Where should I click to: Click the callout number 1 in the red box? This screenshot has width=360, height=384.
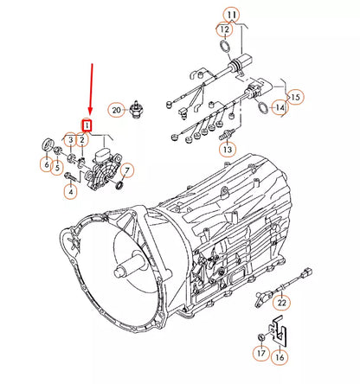click(x=87, y=125)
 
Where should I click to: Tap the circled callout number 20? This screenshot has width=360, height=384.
click(x=116, y=110)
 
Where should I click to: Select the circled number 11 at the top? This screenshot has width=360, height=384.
click(x=232, y=15)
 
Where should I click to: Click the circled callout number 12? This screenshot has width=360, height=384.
click(x=225, y=29)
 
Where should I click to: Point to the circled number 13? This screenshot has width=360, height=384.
click(x=228, y=150)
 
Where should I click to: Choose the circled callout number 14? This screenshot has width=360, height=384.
click(x=280, y=107)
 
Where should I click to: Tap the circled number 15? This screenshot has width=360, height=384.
click(x=295, y=97)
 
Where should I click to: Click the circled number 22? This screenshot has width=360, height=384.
click(x=281, y=303)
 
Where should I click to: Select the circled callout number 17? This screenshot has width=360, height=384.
click(x=261, y=353)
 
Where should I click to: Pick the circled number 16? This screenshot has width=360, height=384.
click(x=280, y=357)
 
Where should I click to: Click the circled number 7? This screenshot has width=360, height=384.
click(x=127, y=170)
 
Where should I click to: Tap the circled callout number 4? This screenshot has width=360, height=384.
click(x=71, y=191)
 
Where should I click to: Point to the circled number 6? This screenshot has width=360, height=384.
click(x=47, y=165)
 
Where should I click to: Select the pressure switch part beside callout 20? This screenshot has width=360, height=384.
click(x=135, y=110)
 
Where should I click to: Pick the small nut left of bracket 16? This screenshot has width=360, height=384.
click(x=260, y=336)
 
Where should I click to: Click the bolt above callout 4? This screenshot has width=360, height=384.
click(x=70, y=176)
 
